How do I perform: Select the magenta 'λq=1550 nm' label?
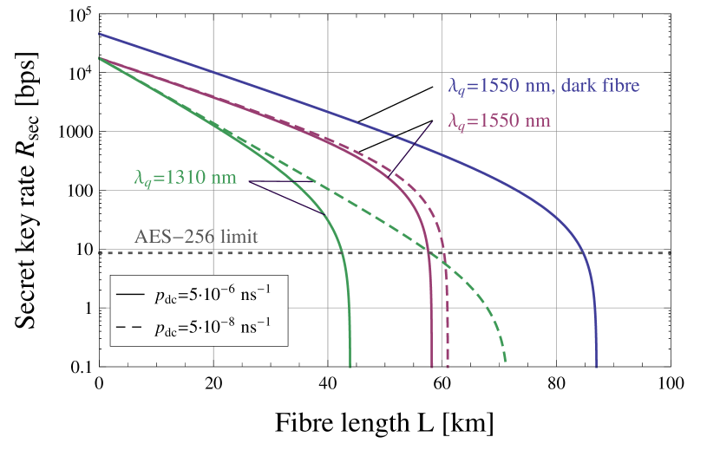click(x=499, y=121)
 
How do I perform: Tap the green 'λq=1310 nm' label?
click(x=185, y=179)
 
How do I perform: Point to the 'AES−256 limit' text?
click(x=196, y=237)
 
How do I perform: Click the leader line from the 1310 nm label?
click(x=286, y=197)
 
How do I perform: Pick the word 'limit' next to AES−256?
click(x=239, y=237)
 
